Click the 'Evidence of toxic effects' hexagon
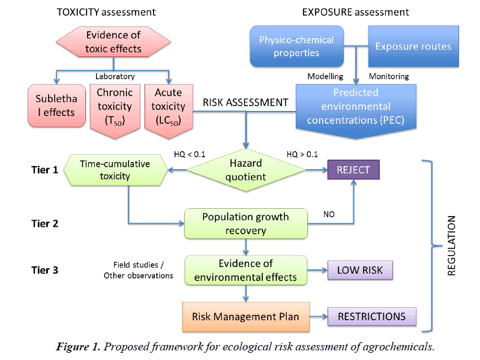114,43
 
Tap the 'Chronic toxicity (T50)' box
114,106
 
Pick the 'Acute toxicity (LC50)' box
169,106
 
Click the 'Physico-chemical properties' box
296,46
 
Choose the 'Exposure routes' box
413,46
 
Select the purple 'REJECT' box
353,169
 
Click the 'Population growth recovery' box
245,223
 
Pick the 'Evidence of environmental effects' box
245,269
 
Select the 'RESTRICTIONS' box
371,316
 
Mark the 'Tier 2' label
45,223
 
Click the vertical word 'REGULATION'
452,245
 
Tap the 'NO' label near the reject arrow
329,214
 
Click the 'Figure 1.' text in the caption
78,347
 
